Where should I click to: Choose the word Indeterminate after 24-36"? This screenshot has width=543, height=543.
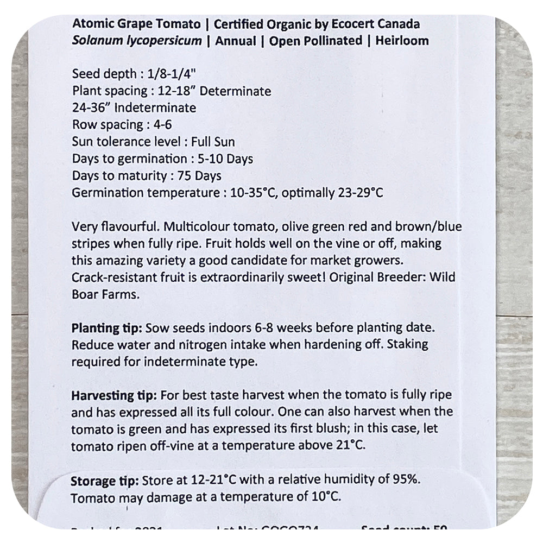point(157,108)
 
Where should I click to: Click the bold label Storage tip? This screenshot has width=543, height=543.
point(105,481)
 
